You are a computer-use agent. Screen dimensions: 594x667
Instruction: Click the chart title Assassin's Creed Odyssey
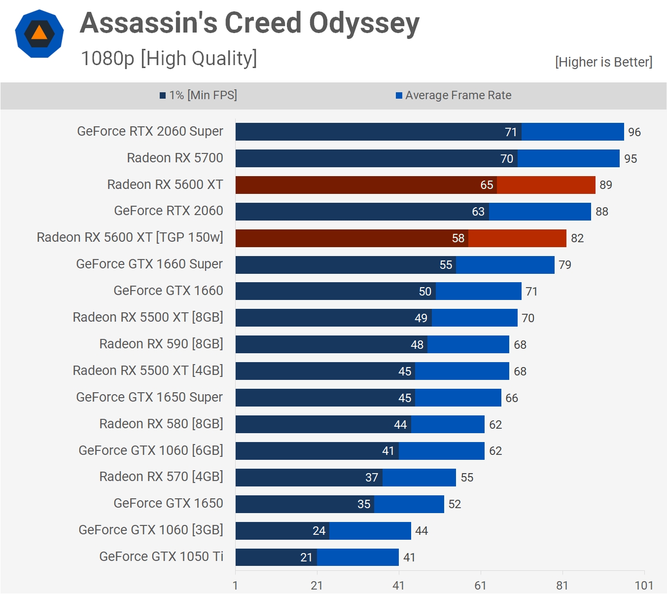click(x=249, y=23)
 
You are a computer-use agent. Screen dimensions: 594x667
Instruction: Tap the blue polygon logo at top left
click(x=39, y=34)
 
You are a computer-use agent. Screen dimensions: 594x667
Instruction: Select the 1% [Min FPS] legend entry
click(x=198, y=95)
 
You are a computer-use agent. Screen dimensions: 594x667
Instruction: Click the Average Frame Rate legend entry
click(x=454, y=95)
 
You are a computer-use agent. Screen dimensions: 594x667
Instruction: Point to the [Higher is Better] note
click(x=603, y=62)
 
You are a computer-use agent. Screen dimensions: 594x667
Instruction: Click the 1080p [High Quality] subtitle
click(x=169, y=58)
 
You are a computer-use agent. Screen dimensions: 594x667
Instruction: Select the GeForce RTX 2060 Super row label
click(x=150, y=131)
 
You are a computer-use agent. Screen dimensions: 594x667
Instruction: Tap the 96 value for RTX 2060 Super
click(x=634, y=132)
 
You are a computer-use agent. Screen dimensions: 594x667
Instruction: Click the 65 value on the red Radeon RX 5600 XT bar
click(x=487, y=185)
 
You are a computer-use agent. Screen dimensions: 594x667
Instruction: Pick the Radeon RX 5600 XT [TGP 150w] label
click(x=130, y=237)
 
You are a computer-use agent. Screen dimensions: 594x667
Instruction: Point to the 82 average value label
click(x=577, y=238)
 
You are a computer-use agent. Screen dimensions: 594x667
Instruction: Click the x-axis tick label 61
click(x=480, y=586)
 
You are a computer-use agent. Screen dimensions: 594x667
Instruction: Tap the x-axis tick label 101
click(x=644, y=586)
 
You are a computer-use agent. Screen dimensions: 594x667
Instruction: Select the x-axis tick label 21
click(x=316, y=586)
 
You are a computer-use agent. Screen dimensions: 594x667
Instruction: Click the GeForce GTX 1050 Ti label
click(x=161, y=557)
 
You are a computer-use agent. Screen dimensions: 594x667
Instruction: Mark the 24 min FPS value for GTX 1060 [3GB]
click(x=319, y=531)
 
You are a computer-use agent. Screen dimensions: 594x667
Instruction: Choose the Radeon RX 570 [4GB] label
click(x=161, y=477)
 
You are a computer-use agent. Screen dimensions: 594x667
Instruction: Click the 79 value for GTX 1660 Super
click(x=565, y=265)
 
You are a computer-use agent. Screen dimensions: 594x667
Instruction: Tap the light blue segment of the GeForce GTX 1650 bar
click(x=409, y=504)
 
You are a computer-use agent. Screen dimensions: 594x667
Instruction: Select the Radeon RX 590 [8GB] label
click(x=161, y=344)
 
